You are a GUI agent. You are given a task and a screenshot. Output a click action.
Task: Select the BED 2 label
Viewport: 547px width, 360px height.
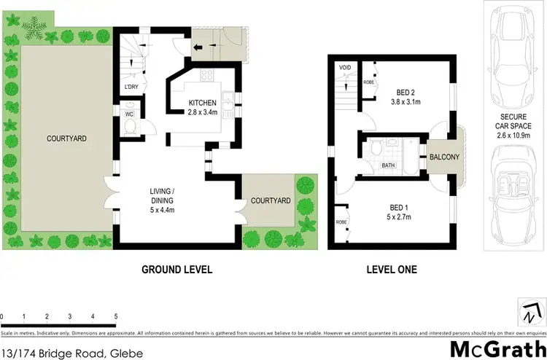click(x=407, y=92)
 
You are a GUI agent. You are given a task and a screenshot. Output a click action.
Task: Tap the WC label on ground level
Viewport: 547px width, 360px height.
click(x=128, y=114)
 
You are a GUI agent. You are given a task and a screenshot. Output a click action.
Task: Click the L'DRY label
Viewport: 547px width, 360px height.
click(x=131, y=87)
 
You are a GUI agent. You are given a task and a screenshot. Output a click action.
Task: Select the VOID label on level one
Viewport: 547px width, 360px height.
click(x=346, y=68)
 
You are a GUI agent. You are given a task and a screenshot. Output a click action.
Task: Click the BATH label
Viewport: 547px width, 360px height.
click(x=389, y=165)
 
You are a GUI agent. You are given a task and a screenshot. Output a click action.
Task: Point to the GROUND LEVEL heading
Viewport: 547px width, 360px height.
click(x=177, y=270)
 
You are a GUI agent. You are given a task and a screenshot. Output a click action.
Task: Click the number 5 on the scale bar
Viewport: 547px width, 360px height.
click(x=115, y=316)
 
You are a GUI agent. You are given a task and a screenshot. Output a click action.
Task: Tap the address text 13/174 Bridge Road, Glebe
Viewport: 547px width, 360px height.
click(x=71, y=353)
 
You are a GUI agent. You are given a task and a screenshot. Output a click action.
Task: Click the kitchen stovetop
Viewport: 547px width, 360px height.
click(x=202, y=74)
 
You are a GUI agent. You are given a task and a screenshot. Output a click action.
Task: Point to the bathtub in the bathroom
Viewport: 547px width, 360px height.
click(x=408, y=154)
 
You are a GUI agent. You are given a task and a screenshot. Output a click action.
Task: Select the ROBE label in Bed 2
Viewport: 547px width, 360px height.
click(x=368, y=83)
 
